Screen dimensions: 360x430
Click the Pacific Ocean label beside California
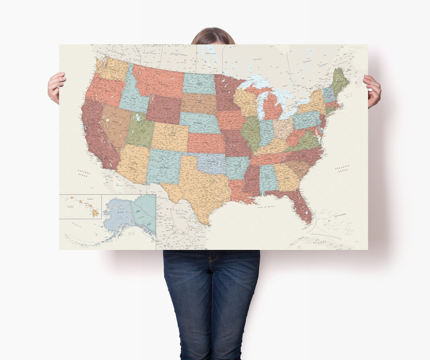click(84, 172)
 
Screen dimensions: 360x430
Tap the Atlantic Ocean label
click(342, 168)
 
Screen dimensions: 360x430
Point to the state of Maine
click(340, 80)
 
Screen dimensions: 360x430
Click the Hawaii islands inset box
click(80, 206)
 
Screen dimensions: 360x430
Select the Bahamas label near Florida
click(340, 214)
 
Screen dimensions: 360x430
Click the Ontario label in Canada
click(258, 59)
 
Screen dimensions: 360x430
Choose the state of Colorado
click(170, 137)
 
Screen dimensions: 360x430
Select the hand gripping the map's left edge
click(56, 87)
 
